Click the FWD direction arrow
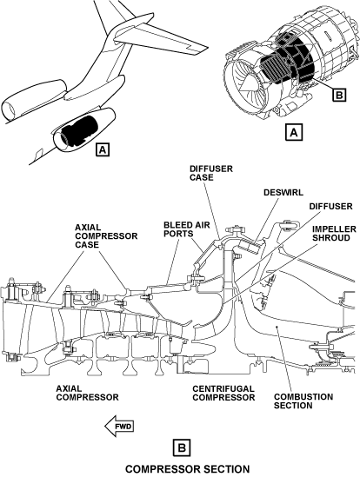(119, 426)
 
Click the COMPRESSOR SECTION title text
(187, 469)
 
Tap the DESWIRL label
(283, 192)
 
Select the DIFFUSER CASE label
(211, 173)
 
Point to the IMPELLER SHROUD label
(334, 234)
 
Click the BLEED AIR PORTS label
(187, 229)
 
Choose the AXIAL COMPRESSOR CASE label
(106, 236)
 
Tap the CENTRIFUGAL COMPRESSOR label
(223, 393)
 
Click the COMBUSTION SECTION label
(303, 401)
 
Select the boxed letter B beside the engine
(339, 95)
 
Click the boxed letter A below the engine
(294, 132)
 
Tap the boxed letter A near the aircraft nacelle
(103, 149)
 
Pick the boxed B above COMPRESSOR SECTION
(182, 447)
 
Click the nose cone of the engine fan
(248, 82)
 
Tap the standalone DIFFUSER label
(330, 206)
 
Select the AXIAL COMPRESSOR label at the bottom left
(88, 393)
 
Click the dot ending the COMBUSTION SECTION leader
(277, 327)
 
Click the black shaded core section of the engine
(288, 61)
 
